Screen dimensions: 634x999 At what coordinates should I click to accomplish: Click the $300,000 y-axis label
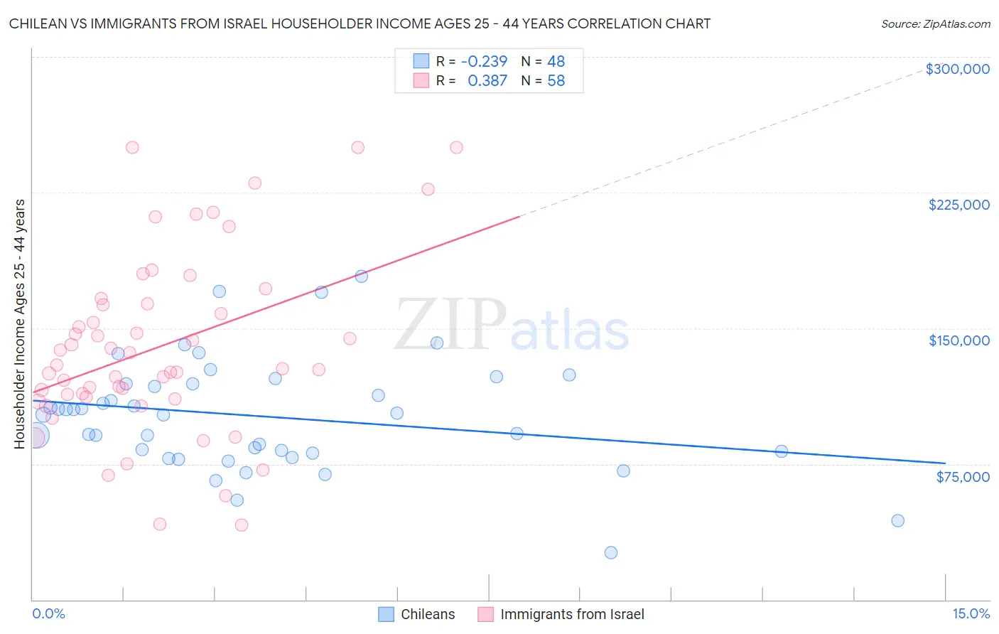pyautogui.click(x=957, y=69)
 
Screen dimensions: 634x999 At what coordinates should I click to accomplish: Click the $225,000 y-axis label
pyautogui.click(x=958, y=205)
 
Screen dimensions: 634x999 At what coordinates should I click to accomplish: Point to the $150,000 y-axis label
pyautogui.click(x=958, y=340)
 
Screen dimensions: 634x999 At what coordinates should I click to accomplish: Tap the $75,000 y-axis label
pyautogui.click(x=962, y=477)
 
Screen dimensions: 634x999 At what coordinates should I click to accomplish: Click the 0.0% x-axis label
pyautogui.click(x=48, y=614)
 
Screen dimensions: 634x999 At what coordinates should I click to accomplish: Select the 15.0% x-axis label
pyautogui.click(x=971, y=614)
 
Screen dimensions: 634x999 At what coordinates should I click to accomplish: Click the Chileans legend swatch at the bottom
pyautogui.click(x=386, y=614)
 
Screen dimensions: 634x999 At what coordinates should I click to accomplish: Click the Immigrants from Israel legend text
pyautogui.click(x=572, y=614)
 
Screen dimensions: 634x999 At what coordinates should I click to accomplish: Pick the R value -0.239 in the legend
pyautogui.click(x=484, y=61)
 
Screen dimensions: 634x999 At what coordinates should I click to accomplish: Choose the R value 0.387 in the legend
pyautogui.click(x=487, y=81)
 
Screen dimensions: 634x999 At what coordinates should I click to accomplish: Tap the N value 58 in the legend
pyautogui.click(x=556, y=81)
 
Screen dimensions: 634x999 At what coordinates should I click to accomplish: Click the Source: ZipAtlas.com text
pyautogui.click(x=935, y=23)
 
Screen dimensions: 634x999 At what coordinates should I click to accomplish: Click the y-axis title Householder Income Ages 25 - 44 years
pyautogui.click(x=20, y=324)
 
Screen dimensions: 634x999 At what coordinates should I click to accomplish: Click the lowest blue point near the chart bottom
pyautogui.click(x=610, y=552)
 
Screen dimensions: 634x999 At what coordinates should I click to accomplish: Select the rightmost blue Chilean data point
pyautogui.click(x=897, y=520)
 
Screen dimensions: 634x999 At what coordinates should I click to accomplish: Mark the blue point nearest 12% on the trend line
pyautogui.click(x=781, y=451)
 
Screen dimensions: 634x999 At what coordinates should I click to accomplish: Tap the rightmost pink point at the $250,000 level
pyautogui.click(x=456, y=147)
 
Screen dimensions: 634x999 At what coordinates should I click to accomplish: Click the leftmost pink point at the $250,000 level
pyautogui.click(x=131, y=147)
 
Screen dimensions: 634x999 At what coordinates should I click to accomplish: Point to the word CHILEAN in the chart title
pyautogui.click(x=36, y=23)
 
